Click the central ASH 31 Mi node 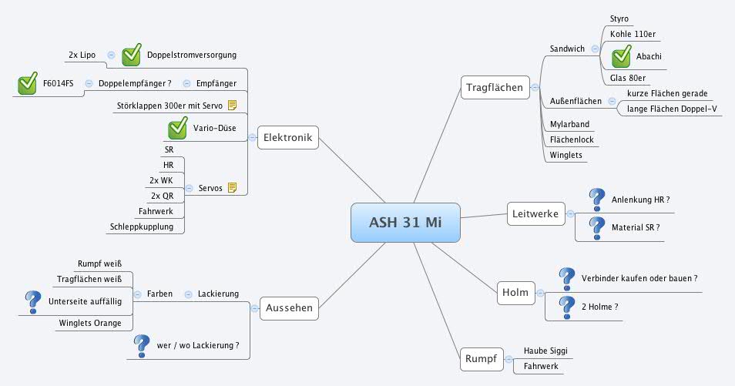click(405, 223)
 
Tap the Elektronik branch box click(287, 138)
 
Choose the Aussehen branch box click(288, 308)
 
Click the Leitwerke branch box click(535, 213)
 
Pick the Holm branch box click(515, 293)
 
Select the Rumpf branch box click(483, 358)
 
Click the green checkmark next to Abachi click(621, 56)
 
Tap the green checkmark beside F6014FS click(27, 83)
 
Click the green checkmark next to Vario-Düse click(178, 127)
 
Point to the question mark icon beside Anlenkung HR click(596, 200)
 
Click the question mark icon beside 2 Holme click(567, 307)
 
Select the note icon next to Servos click(232, 187)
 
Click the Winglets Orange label click(89, 323)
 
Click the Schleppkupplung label click(146, 227)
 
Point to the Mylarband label click(569, 124)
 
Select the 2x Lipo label click(82, 55)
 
